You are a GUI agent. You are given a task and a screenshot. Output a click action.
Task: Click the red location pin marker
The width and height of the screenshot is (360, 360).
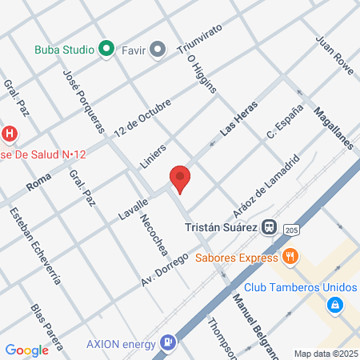click(x=180, y=178)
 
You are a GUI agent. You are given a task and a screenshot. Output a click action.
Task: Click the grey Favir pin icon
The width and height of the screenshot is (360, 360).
click(x=158, y=50)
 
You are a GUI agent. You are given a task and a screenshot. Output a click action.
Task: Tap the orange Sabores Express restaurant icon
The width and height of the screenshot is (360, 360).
click(x=290, y=257)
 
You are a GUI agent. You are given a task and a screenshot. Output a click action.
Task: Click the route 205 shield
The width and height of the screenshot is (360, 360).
click(x=291, y=229)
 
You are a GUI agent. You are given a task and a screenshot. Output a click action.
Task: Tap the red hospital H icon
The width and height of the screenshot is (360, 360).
click(x=10, y=133)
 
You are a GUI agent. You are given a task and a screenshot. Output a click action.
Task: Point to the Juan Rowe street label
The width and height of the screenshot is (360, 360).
click(x=334, y=54)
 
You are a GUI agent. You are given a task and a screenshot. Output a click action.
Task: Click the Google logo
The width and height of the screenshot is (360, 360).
click(x=26, y=350)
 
